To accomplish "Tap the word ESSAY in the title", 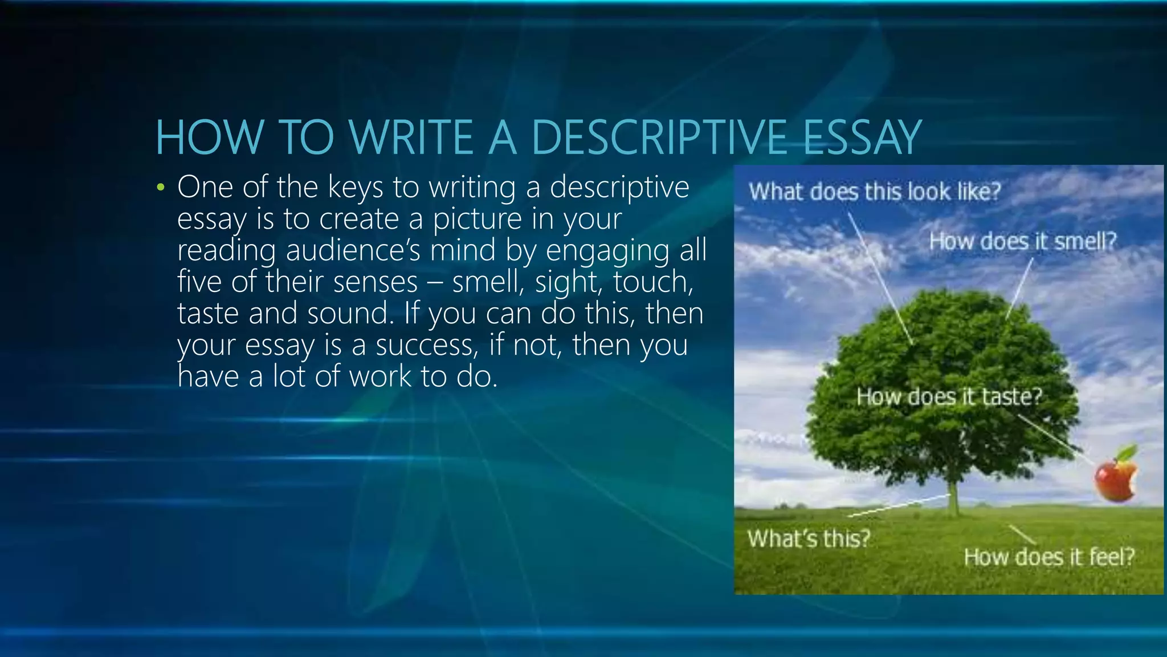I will pos(861,138).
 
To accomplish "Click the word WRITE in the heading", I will pos(411,138).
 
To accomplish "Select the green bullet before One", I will pos(161,188).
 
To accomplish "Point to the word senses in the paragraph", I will pos(376,282).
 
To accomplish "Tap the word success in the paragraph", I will pos(424,345).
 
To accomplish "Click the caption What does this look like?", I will pos(874,192).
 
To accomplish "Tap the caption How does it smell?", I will pos(1022,241).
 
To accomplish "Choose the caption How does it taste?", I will pos(949,396).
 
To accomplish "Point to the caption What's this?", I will pos(809,538).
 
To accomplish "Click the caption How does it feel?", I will pos(1048,557).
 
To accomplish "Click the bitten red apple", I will pos(1113,481).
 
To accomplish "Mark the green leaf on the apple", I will pos(1127,453).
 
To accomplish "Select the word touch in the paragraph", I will pos(652,282).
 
